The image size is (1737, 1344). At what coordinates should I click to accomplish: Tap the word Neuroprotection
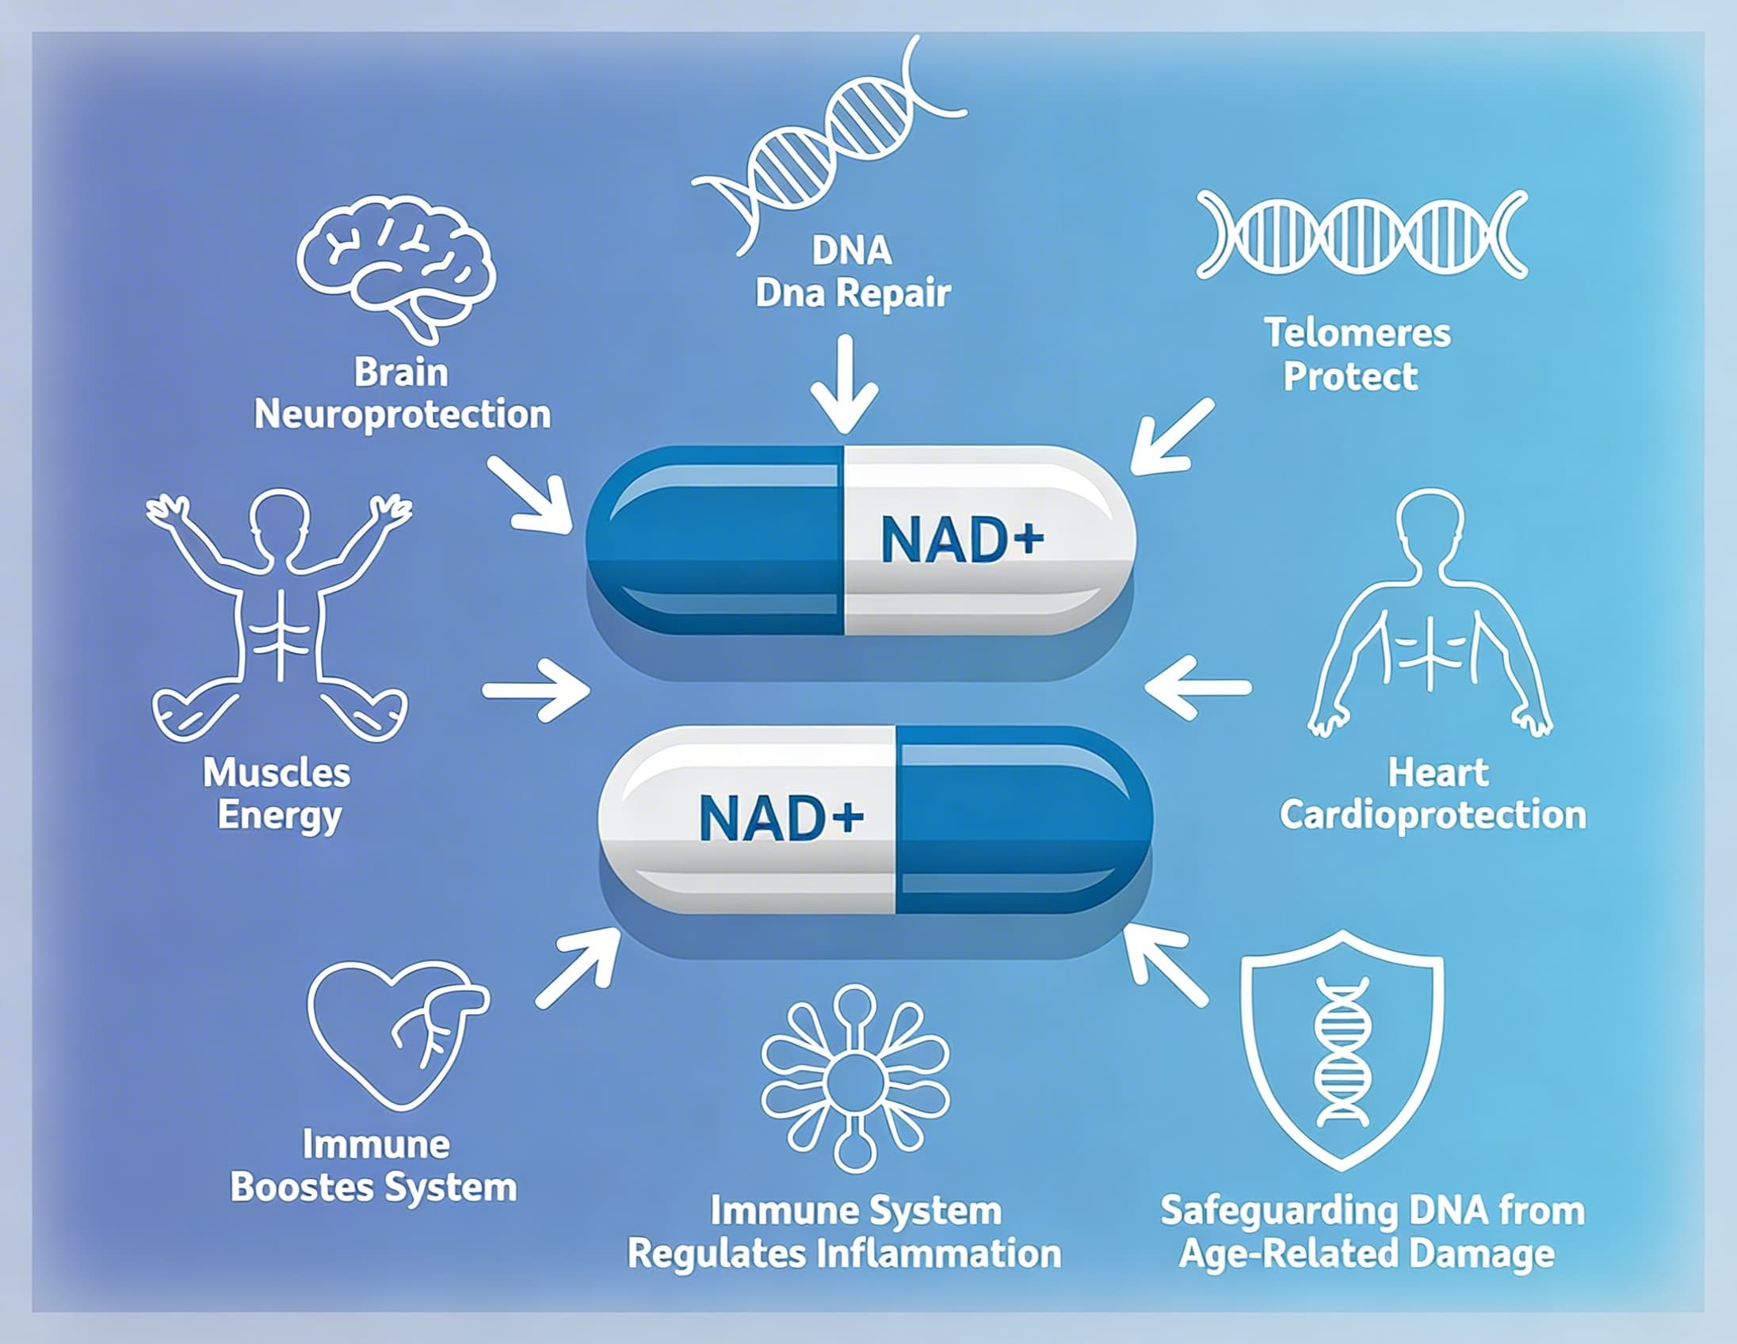pyautogui.click(x=403, y=415)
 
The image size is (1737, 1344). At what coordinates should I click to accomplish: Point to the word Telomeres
pyautogui.click(x=1357, y=333)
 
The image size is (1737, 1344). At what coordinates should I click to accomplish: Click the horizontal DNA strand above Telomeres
pyautogui.click(x=1361, y=235)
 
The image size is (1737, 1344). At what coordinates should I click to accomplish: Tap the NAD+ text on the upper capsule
pyautogui.click(x=961, y=540)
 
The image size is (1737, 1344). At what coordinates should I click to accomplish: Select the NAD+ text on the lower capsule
pyautogui.click(x=781, y=819)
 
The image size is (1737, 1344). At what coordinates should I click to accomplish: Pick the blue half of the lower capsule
pyautogui.click(x=1022, y=819)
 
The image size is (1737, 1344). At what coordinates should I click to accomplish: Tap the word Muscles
pyautogui.click(x=276, y=773)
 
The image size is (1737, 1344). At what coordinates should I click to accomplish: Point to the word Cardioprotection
pyautogui.click(x=1433, y=816)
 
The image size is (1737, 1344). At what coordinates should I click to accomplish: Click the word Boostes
pyautogui.click(x=301, y=1188)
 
